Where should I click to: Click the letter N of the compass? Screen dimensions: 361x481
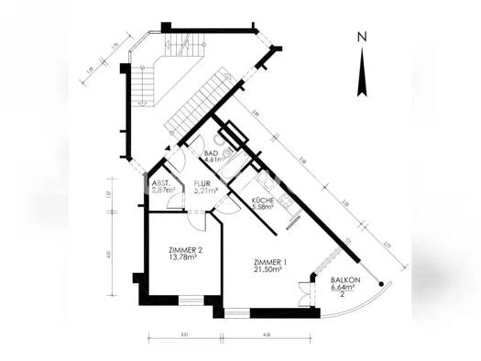point(362,38)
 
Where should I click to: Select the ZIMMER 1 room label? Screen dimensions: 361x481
point(270,263)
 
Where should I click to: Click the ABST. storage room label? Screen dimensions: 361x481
point(159,182)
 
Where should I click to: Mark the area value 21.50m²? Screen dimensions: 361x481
point(270,270)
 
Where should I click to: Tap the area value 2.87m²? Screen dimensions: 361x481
point(160,190)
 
